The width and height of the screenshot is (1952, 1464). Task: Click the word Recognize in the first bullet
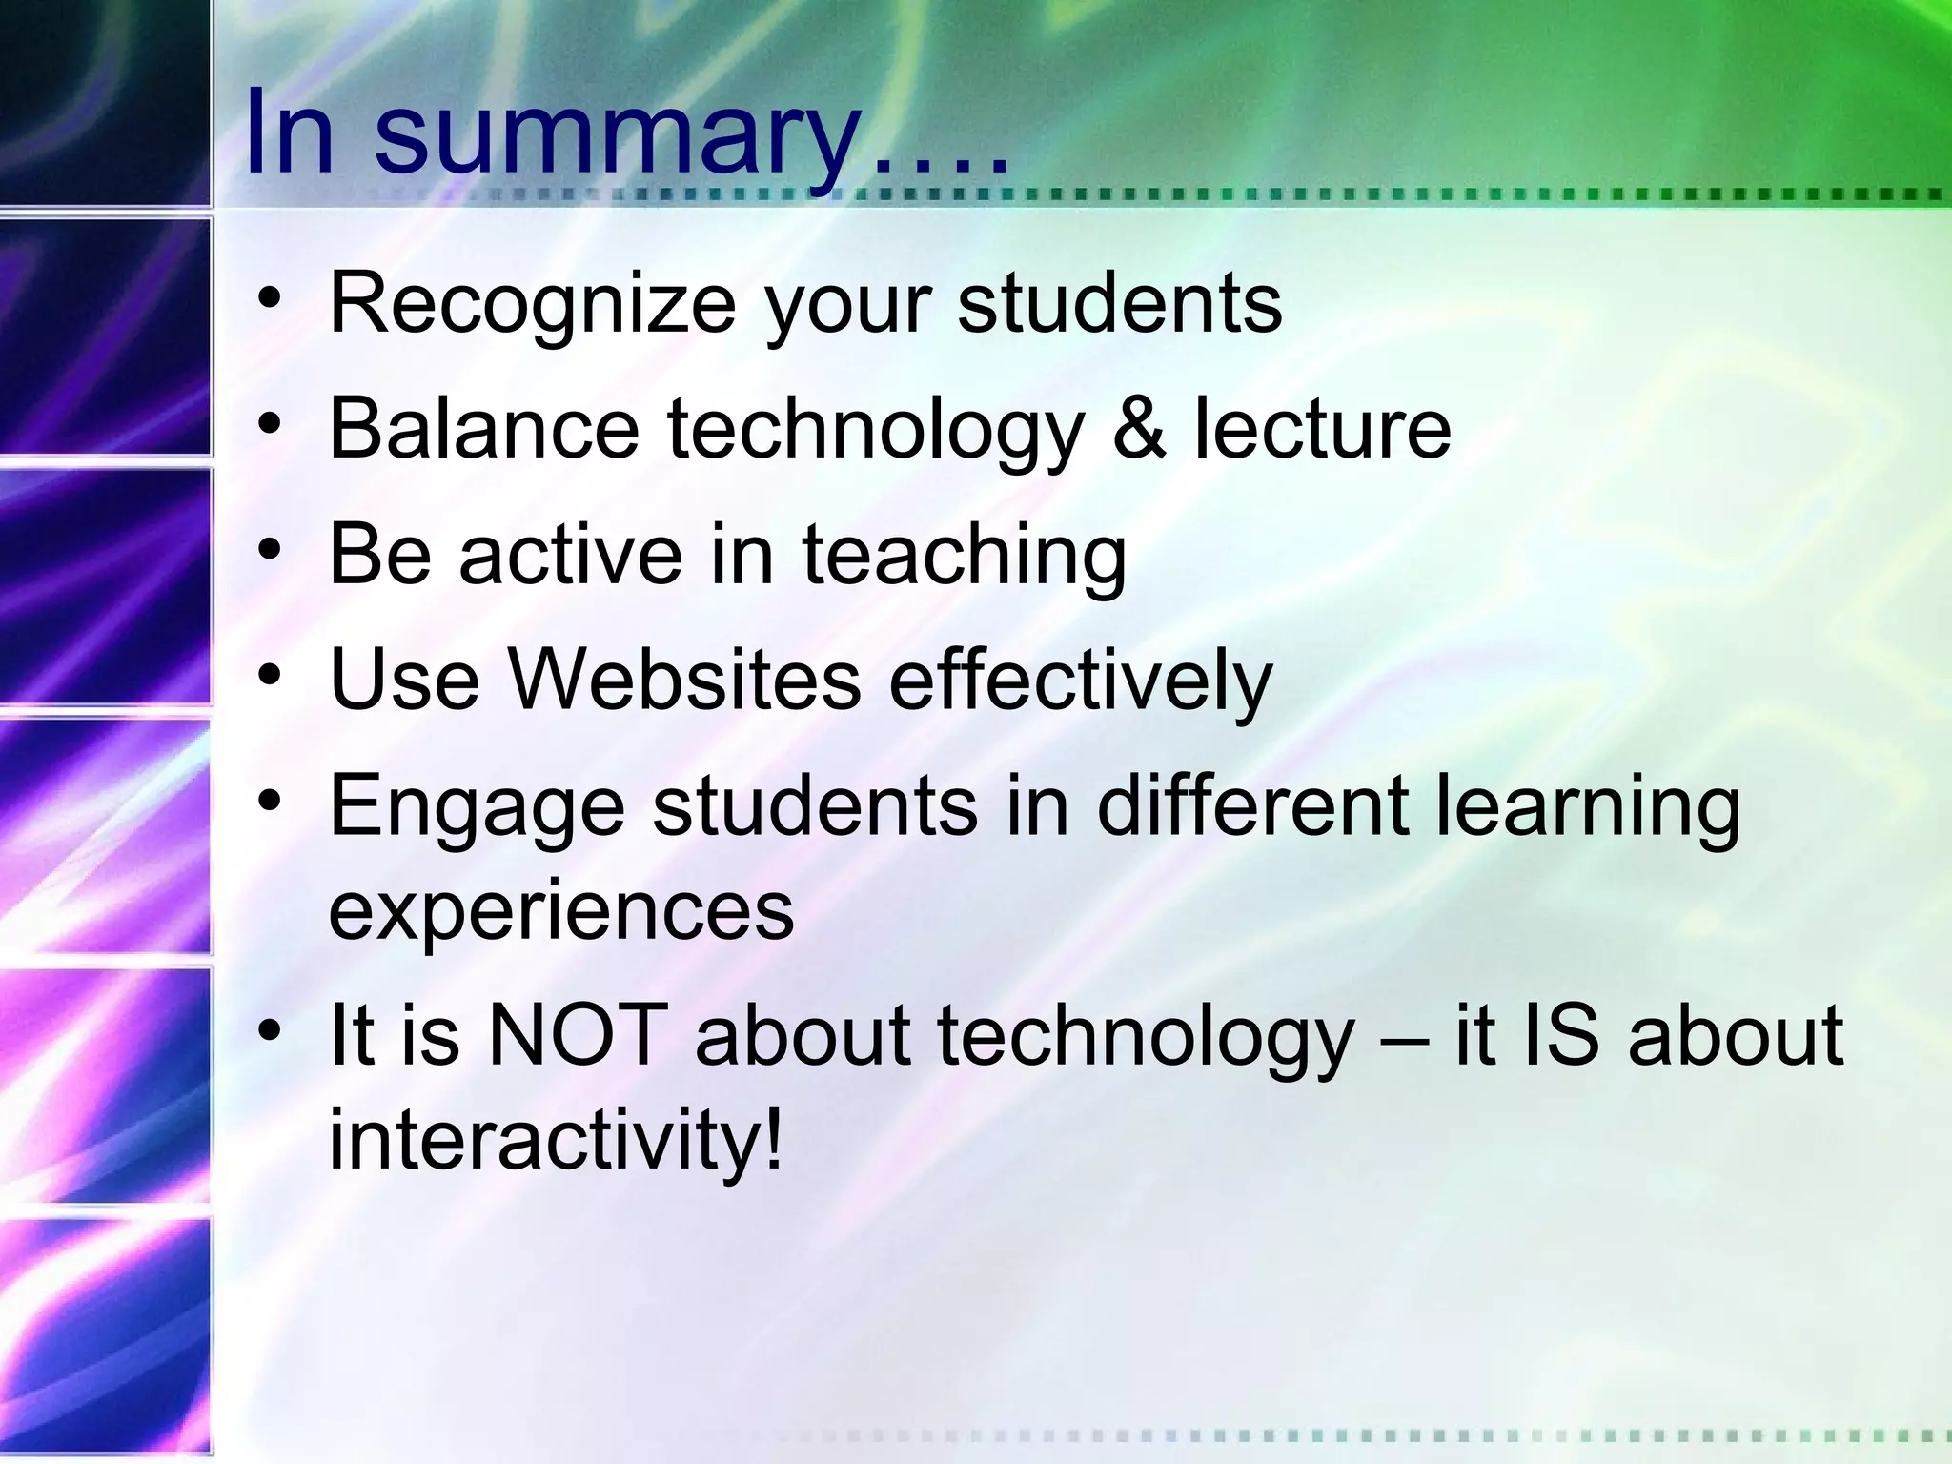click(x=533, y=303)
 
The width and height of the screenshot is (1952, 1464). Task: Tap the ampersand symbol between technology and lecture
click(x=1139, y=429)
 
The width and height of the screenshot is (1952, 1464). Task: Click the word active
click(x=571, y=555)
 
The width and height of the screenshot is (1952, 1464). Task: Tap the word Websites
click(x=684, y=681)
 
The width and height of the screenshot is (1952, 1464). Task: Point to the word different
click(x=1252, y=806)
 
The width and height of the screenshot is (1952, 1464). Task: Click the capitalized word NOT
click(x=578, y=1036)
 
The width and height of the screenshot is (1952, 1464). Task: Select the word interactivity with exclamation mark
click(x=556, y=1140)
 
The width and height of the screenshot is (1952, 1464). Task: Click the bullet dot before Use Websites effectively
click(x=271, y=676)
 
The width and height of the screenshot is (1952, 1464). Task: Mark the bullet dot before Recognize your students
click(x=271, y=298)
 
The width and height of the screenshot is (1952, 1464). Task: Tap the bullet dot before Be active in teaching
click(x=271, y=550)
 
